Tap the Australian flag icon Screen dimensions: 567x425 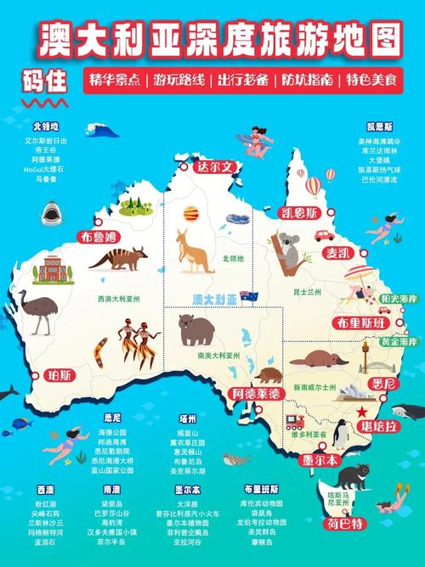tap(249, 297)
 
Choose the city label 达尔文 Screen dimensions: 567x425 tap(213, 167)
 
